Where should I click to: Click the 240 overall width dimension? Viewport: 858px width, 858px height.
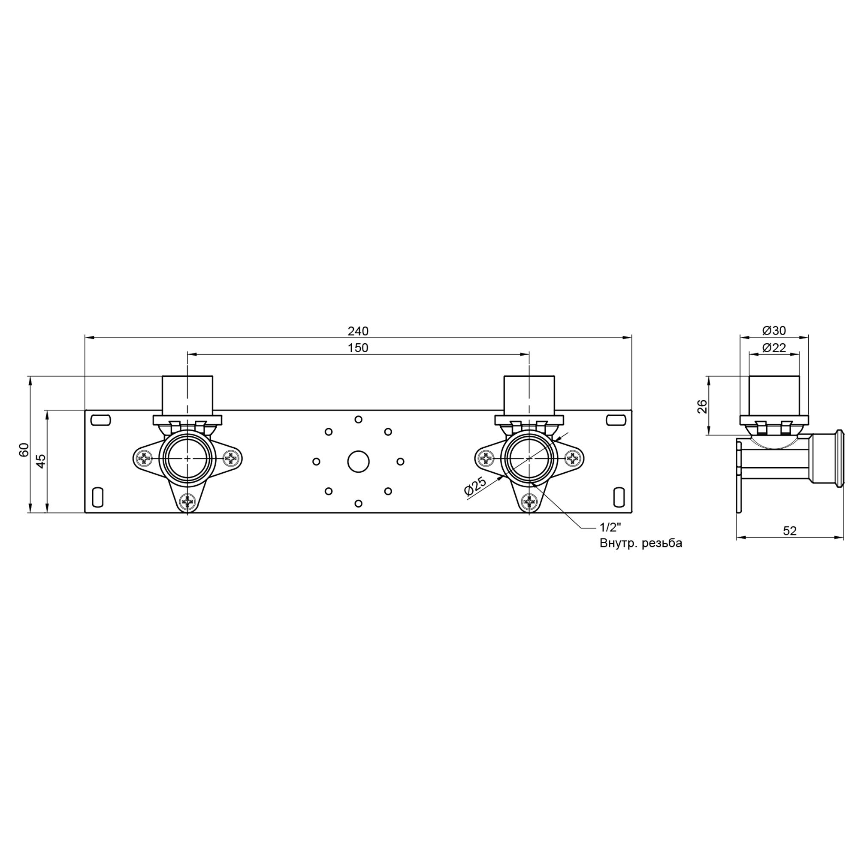click(x=358, y=331)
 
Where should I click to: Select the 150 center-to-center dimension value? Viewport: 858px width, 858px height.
click(x=358, y=348)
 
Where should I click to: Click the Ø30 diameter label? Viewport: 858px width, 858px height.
click(x=774, y=330)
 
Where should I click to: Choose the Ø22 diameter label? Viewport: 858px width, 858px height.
click(x=774, y=348)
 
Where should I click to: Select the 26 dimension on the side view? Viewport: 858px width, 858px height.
click(x=702, y=406)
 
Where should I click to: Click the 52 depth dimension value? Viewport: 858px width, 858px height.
click(x=790, y=531)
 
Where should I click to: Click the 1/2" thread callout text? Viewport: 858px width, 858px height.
click(x=610, y=528)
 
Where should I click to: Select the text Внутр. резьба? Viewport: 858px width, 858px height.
click(x=640, y=544)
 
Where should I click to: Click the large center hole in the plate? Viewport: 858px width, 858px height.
click(x=358, y=462)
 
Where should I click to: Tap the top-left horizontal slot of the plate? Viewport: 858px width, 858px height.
click(x=100, y=420)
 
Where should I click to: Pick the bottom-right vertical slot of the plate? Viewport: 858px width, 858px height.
click(x=618, y=497)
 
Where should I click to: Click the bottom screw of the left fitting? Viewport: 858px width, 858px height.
click(x=187, y=502)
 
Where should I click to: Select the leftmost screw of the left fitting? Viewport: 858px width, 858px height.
click(x=144, y=458)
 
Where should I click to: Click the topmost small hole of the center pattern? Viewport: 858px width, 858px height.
click(x=358, y=419)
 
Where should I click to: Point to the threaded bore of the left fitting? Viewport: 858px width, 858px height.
click(x=187, y=458)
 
